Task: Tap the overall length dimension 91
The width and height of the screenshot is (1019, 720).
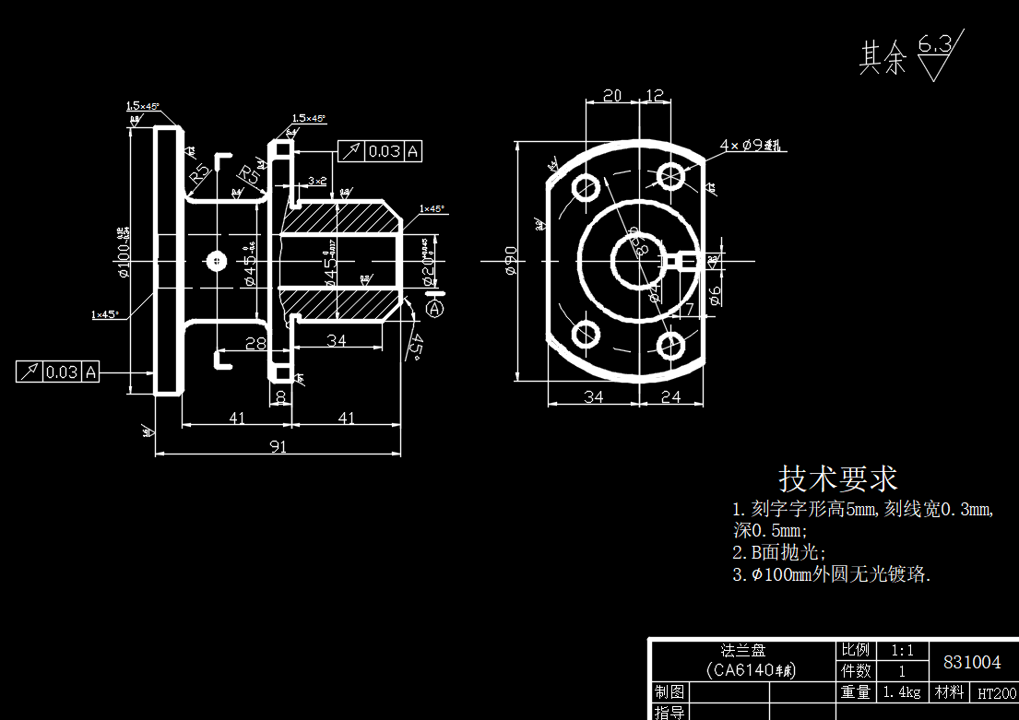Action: pyautogui.click(x=278, y=446)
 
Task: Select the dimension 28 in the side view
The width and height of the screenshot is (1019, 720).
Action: pyautogui.click(x=256, y=343)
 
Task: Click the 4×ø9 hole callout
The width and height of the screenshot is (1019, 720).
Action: pyautogui.click(x=751, y=146)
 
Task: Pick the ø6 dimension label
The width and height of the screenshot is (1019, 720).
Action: pyautogui.click(x=715, y=294)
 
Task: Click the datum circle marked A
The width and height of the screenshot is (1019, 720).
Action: pyautogui.click(x=435, y=309)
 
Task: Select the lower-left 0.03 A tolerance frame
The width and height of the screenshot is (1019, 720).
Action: pyautogui.click(x=57, y=372)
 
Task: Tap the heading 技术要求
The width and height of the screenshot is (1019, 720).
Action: pyautogui.click(x=837, y=478)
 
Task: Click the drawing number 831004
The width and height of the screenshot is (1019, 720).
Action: pyautogui.click(x=972, y=662)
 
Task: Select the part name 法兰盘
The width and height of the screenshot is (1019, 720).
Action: pyautogui.click(x=742, y=650)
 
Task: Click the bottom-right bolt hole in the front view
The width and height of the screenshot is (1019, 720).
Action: pyautogui.click(x=670, y=346)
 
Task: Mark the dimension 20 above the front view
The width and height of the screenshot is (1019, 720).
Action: pyautogui.click(x=611, y=95)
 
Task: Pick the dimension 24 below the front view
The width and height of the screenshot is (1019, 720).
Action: pyautogui.click(x=670, y=396)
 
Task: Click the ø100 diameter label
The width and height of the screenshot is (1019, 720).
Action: pyautogui.click(x=123, y=251)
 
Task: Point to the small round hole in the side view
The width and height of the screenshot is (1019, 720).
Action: pyautogui.click(x=216, y=261)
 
